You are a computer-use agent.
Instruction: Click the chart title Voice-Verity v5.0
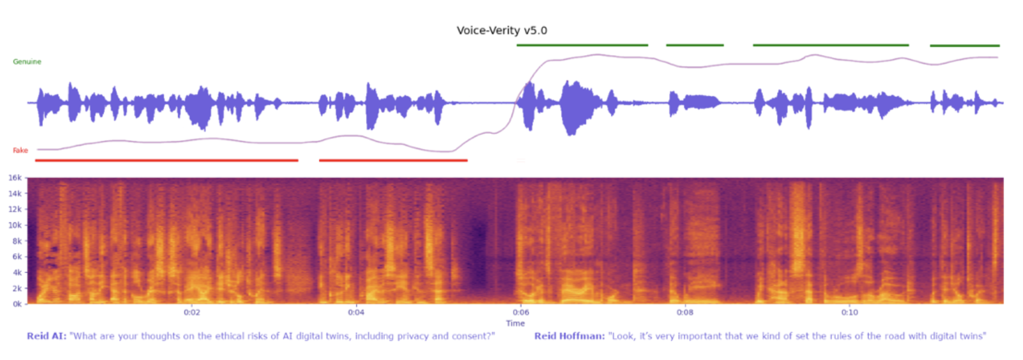(x=501, y=30)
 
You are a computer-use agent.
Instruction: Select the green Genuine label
(x=27, y=62)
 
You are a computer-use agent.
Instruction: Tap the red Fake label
(x=21, y=150)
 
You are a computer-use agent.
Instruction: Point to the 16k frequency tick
(x=15, y=178)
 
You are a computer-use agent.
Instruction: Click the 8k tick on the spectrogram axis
(x=16, y=241)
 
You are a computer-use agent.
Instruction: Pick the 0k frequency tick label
(x=16, y=304)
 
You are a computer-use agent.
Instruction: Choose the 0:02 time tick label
(x=192, y=313)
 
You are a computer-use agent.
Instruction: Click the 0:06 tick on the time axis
(x=521, y=313)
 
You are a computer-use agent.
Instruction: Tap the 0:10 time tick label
(x=849, y=313)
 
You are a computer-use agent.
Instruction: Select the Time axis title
(x=515, y=323)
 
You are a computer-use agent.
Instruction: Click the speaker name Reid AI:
(x=47, y=336)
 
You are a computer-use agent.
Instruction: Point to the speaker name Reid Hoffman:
(x=569, y=336)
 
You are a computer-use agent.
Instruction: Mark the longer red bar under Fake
(x=167, y=161)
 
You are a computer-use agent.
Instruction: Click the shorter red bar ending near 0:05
(x=393, y=161)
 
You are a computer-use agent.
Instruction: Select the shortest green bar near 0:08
(x=695, y=45)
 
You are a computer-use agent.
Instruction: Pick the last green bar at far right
(x=964, y=45)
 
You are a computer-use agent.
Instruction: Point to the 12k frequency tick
(x=15, y=210)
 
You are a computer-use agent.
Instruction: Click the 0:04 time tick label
(x=356, y=313)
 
